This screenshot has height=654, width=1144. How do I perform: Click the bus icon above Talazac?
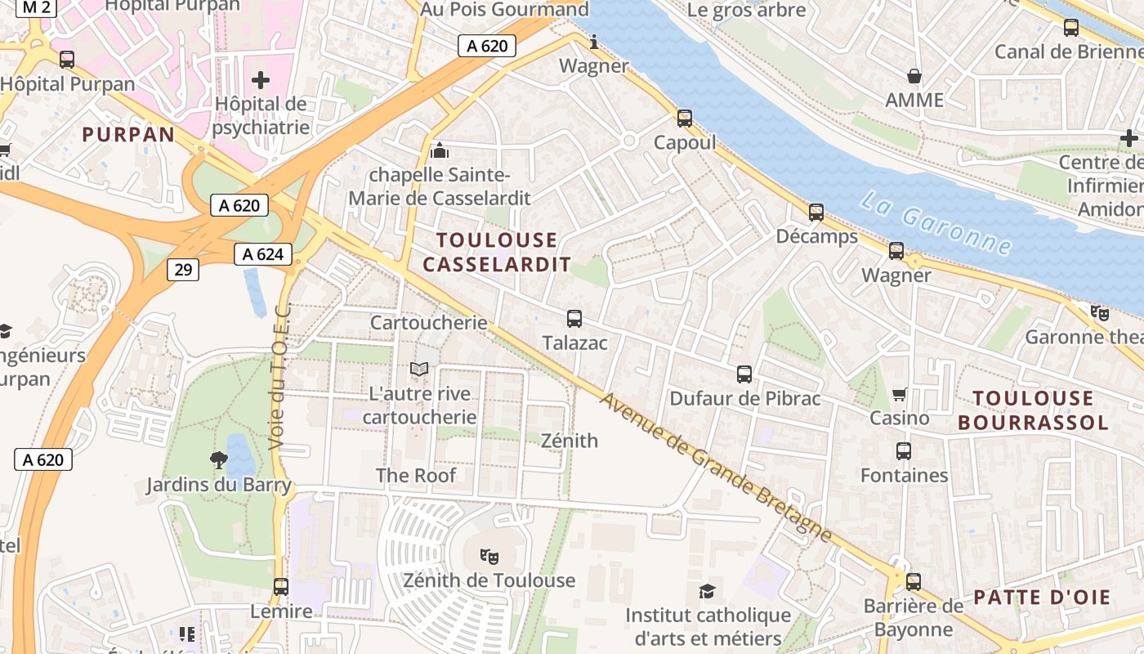574,319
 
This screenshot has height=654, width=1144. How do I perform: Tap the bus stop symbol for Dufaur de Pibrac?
744,374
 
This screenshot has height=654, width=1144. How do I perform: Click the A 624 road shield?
263,254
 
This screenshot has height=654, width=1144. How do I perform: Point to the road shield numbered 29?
183,269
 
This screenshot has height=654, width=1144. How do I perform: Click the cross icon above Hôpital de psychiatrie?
261,80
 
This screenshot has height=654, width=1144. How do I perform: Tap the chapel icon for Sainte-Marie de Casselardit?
440,150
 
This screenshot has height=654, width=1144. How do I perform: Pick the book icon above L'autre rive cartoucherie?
419,370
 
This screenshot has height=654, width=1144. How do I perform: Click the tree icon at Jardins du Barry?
218,460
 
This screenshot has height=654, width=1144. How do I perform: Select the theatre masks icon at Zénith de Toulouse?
489,557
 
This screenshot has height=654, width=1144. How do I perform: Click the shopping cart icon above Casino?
900,394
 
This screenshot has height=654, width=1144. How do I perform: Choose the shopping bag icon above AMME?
914,76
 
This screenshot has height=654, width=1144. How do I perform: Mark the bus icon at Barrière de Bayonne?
914,582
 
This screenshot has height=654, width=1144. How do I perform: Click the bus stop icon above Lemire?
281,586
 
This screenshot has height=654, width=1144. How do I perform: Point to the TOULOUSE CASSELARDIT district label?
497,252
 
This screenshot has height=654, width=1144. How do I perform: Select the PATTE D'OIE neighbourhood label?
1042,598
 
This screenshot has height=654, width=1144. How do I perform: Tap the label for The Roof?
416,475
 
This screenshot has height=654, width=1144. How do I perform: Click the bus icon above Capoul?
685,119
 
